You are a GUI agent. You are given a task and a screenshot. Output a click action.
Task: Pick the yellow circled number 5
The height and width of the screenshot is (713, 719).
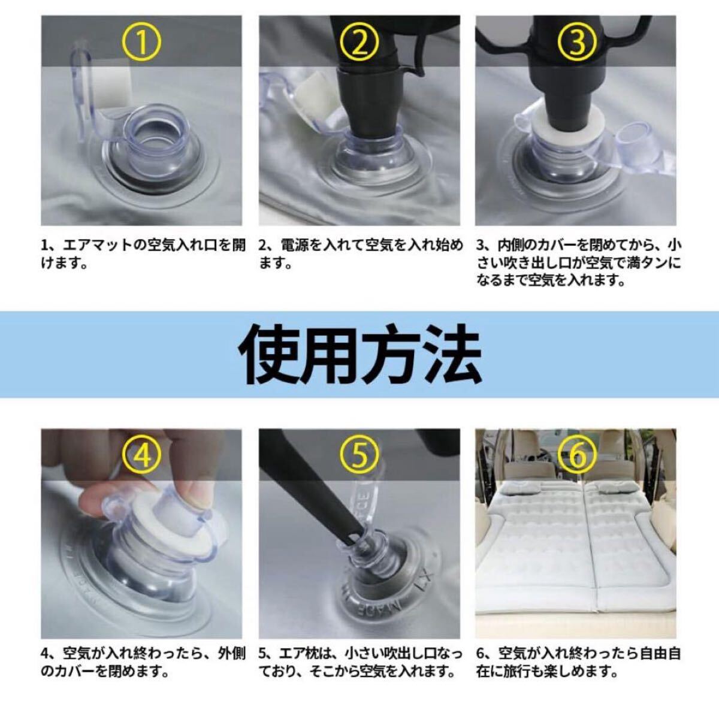359,457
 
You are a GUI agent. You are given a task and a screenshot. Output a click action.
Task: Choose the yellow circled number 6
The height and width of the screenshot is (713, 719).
576,457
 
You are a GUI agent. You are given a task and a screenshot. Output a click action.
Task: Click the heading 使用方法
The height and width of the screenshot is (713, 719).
359,354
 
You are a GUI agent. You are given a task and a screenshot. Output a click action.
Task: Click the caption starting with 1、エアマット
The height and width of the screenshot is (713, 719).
143,255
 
